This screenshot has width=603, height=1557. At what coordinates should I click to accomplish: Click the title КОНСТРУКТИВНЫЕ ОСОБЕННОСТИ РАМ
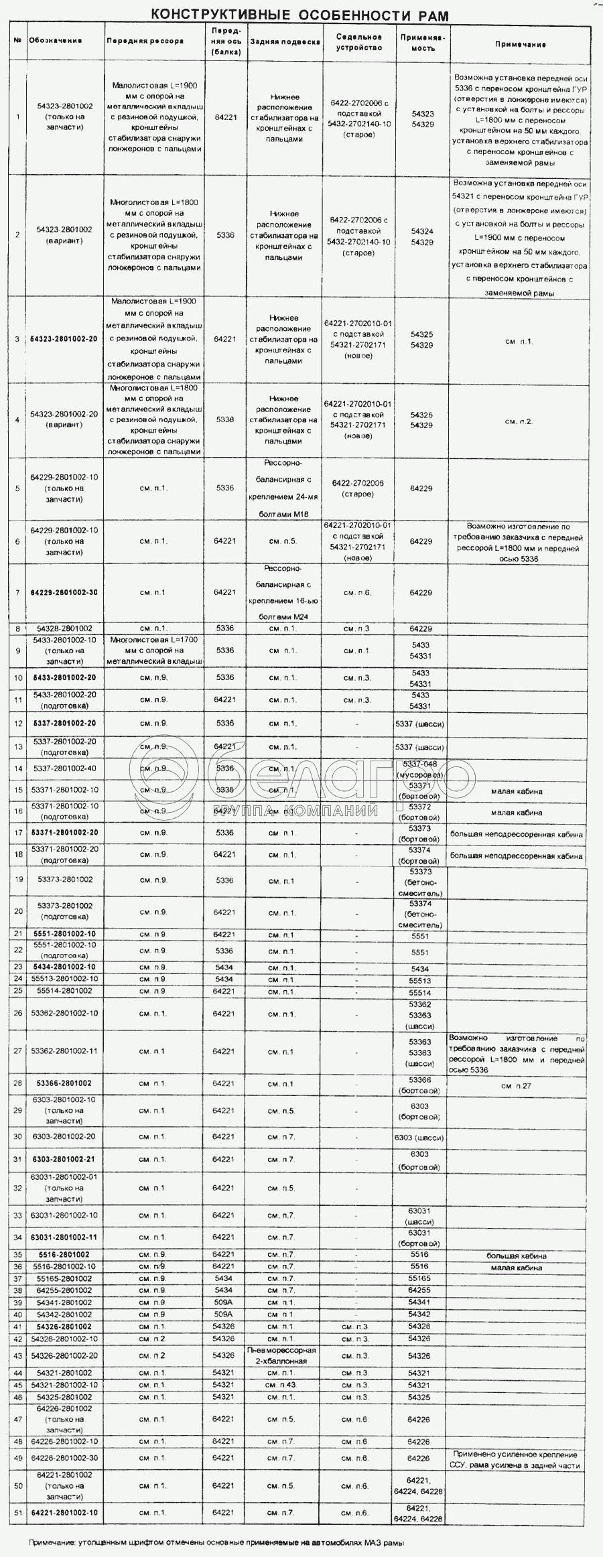tap(299, 15)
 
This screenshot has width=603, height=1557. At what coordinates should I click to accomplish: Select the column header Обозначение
tap(56, 41)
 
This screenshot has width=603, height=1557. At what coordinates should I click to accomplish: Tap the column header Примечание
tap(520, 44)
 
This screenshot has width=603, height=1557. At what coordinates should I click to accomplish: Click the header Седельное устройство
tap(359, 42)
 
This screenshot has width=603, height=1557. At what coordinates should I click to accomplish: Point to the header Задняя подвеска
tap(285, 42)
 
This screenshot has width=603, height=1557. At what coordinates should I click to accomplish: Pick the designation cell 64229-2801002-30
tap(64, 592)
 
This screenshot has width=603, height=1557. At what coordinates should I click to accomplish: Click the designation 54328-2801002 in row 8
tap(64, 628)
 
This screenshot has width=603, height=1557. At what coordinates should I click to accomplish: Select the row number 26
tap(18, 1013)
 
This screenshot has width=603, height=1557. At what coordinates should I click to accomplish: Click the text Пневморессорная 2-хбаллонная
tap(281, 1355)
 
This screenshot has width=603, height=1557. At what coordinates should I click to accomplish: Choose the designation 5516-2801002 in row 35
tap(64, 1254)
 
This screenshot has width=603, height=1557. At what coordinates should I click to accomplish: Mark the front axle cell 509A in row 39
tap(224, 1302)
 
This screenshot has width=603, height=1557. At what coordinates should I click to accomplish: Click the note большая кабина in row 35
tap(517, 1256)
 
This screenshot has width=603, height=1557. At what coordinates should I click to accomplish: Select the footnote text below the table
tap(216, 1543)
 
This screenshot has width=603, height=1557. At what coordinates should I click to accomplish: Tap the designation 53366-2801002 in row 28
tap(64, 1083)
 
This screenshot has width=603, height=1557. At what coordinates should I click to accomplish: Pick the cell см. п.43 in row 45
tap(280, 1385)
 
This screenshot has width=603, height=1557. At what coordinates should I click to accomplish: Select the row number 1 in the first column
tap(18, 117)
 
